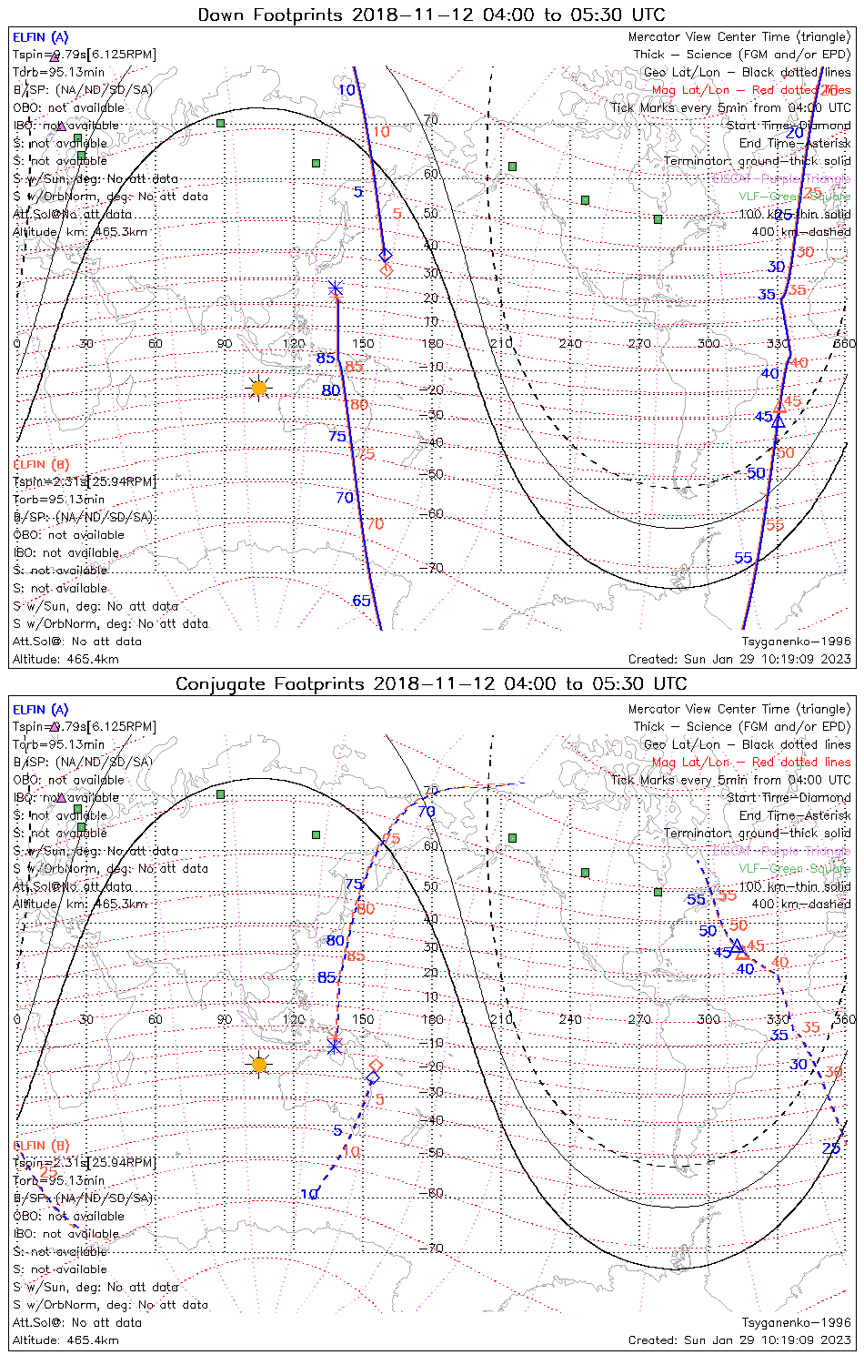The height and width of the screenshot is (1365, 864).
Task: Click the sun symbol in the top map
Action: [259, 389]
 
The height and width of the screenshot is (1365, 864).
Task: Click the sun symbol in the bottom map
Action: [259, 1065]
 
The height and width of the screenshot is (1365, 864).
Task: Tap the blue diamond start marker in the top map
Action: [385, 255]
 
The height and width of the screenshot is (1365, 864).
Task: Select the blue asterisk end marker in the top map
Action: [336, 288]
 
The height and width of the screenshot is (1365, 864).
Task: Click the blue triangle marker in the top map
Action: [778, 421]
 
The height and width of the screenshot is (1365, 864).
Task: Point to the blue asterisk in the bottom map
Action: [334, 1046]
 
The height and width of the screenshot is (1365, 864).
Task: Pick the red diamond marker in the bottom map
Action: [376, 1065]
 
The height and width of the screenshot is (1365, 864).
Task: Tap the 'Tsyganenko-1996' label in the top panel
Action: [796, 642]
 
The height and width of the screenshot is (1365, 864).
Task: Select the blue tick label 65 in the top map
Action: [362, 601]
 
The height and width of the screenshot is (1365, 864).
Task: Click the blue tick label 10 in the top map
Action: [347, 89]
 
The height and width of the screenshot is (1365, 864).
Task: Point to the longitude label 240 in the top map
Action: [570, 343]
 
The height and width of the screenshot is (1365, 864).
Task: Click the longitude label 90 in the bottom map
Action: [225, 1019]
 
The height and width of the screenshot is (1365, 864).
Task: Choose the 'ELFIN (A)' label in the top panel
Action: [41, 37]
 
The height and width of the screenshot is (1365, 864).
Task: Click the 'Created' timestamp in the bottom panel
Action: [739, 1340]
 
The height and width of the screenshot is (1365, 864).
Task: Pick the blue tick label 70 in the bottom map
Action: [427, 812]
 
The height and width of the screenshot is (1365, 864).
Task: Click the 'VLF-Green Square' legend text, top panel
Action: [794, 197]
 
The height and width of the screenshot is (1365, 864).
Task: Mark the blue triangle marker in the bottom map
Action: [736, 946]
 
